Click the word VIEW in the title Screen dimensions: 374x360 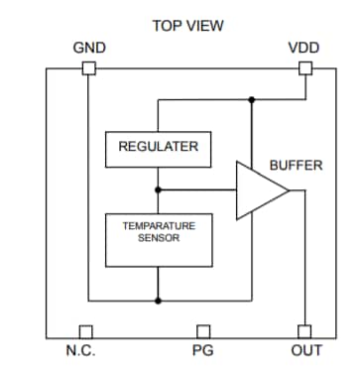click(202, 25)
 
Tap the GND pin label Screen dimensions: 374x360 click(89, 48)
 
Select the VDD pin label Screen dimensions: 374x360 click(304, 48)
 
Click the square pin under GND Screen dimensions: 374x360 click(88, 68)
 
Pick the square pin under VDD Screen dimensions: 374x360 click(304, 68)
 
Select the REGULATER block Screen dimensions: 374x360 click(158, 147)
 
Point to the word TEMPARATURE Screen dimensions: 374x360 click(158, 226)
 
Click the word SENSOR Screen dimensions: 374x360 click(159, 238)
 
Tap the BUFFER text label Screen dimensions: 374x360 click(296, 165)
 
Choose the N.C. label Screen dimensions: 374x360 click(80, 351)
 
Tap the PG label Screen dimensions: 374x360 click(202, 351)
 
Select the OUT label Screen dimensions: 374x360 click(305, 351)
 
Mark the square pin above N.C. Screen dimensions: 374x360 click(86, 331)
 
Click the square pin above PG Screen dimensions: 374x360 click(202, 331)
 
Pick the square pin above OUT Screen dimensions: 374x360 click(304, 331)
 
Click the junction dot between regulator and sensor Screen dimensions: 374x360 click(158, 188)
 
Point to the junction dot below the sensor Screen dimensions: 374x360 click(158, 300)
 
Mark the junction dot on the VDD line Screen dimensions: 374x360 click(252, 100)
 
